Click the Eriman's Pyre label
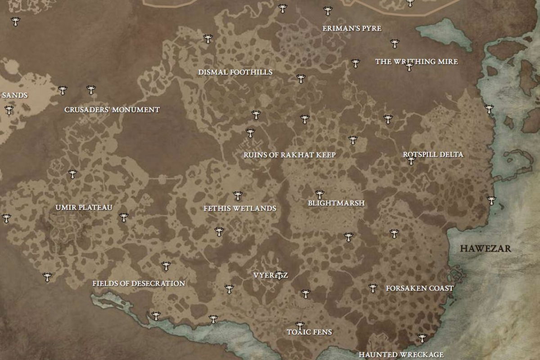click(x=351, y=28)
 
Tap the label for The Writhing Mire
click(x=416, y=62)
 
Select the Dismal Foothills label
click(x=235, y=72)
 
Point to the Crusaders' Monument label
click(x=112, y=110)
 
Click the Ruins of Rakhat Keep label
click(x=290, y=155)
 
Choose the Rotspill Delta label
click(x=433, y=154)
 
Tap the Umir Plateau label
click(x=84, y=207)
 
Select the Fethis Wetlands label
click(x=240, y=208)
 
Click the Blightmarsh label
click(x=336, y=203)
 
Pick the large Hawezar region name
click(x=485, y=248)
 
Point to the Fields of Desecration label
click(x=139, y=283)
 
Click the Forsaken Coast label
click(x=419, y=288)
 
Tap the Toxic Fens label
click(x=310, y=332)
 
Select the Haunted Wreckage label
click(x=401, y=355)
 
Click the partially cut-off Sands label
click(x=14, y=95)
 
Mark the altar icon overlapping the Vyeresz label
click(x=279, y=274)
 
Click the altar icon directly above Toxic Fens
click(x=300, y=325)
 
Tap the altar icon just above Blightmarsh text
click(x=319, y=194)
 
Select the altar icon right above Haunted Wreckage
click(x=422, y=338)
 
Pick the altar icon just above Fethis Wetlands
click(x=238, y=196)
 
